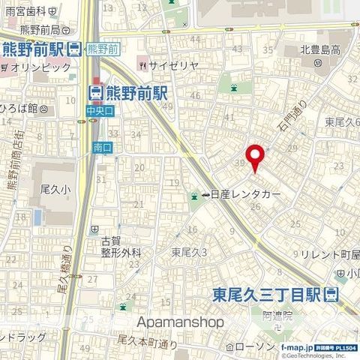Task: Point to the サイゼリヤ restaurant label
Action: pyautogui.click(x=173, y=65)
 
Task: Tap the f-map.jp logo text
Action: pyautogui.click(x=297, y=349)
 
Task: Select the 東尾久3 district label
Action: pyautogui.click(x=188, y=252)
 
